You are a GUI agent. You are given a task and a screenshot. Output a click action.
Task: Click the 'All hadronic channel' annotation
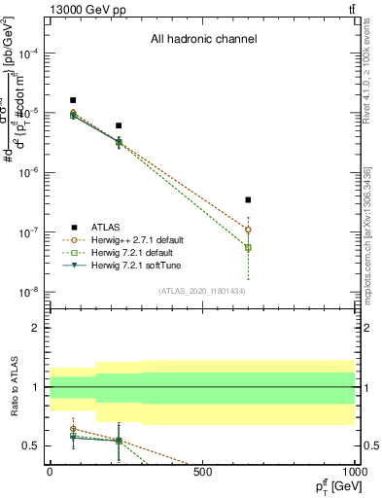(x=203, y=40)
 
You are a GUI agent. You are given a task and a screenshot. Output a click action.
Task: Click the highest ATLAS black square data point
(x=73, y=100)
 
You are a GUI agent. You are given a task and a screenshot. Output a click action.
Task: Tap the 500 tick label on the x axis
(x=202, y=471)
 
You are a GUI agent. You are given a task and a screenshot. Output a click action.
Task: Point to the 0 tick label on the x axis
(x=50, y=471)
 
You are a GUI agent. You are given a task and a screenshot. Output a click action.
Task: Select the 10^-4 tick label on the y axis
(x=31, y=53)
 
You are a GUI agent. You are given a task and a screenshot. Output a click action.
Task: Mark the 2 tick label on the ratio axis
(x=37, y=328)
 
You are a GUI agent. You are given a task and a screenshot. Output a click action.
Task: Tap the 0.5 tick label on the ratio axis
(x=33, y=445)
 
